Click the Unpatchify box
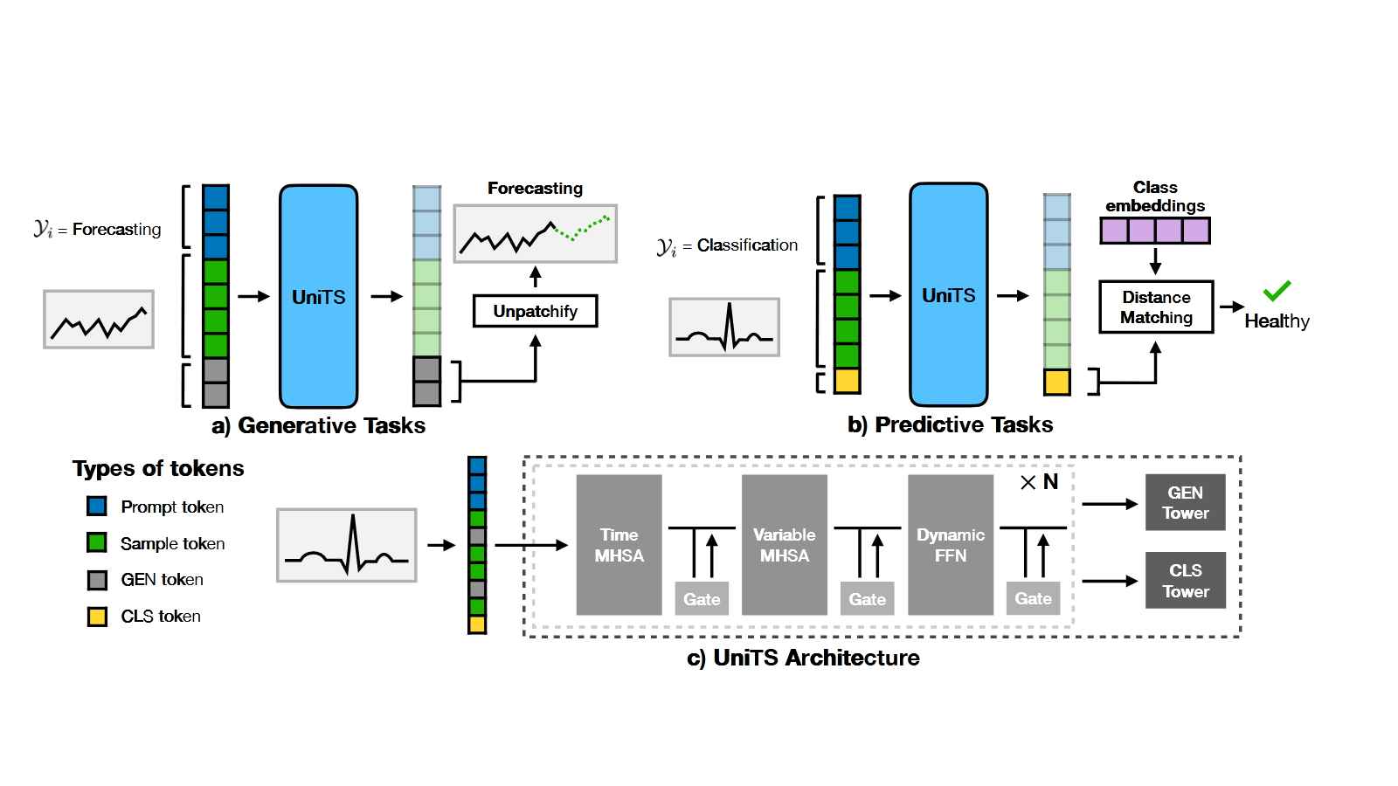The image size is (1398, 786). pos(535,311)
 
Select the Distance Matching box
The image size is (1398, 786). pos(1156,307)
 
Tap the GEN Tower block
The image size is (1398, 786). pos(1185,502)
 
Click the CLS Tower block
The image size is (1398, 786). pos(1185,581)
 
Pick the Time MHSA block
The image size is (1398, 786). pos(619,545)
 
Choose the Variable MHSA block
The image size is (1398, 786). pos(784,545)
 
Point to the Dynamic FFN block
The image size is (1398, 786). pos(950,545)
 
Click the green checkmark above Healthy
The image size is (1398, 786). pos(1277,290)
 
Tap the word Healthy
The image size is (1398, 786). pos(1277,321)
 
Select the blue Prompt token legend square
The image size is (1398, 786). pos(97,507)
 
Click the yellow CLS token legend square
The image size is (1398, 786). pos(97,617)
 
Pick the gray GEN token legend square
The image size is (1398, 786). pos(97,580)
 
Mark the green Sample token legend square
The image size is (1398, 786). pos(97,543)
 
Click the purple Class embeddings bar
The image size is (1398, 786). pos(1155,231)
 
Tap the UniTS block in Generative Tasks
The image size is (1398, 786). pos(318,297)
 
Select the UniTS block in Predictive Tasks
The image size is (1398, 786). pos(948,295)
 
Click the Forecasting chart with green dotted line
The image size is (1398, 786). pos(535,234)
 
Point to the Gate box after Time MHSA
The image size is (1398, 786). pos(702,599)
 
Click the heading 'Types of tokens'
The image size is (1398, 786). pos(158,469)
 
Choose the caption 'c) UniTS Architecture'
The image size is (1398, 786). pos(803,658)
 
